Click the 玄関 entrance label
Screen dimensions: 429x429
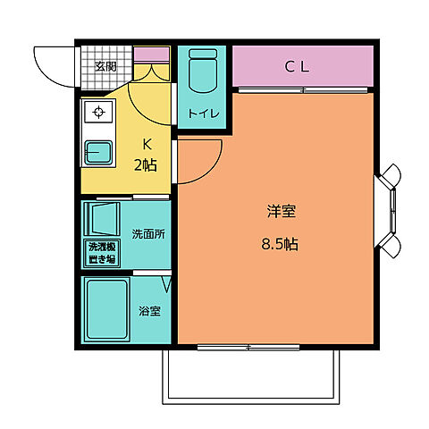point(105,66)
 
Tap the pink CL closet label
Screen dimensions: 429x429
point(298,65)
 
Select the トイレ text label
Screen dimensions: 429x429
point(202,114)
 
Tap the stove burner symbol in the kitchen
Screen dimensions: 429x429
point(97,114)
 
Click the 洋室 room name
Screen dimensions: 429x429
point(282,212)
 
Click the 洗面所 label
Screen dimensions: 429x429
point(147,234)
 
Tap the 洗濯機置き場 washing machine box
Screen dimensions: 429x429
point(101,253)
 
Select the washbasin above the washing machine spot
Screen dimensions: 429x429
point(102,218)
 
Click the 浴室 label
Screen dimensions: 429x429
point(149,312)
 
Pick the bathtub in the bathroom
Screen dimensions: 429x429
point(106,309)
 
